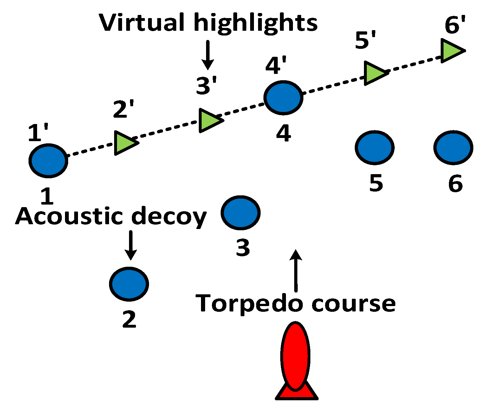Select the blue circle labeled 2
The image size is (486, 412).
point(129,284)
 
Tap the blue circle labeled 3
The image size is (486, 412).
point(241,213)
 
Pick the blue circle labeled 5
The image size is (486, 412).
point(375,147)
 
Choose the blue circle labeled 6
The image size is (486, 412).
point(453,147)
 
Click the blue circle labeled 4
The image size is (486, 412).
point(283,98)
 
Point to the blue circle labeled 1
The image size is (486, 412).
point(49,160)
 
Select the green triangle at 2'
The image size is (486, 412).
point(124,143)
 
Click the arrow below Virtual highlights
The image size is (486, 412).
point(208,55)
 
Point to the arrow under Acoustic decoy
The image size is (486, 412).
point(130,245)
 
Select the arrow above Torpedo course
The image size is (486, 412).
point(296,270)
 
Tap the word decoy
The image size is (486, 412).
point(169,217)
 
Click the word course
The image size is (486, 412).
point(353,304)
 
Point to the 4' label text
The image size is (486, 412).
point(276,66)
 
